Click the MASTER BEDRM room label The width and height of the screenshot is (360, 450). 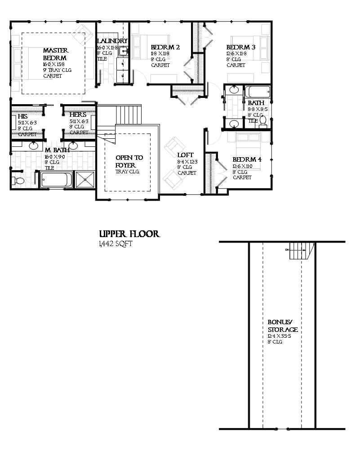tap(55, 54)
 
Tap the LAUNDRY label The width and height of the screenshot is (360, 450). tap(112, 41)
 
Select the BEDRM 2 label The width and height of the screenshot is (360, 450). tap(165, 47)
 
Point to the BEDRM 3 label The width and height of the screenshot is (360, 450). tap(241, 47)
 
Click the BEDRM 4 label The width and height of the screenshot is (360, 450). tap(247, 160)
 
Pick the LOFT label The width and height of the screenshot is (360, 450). tap(185, 155)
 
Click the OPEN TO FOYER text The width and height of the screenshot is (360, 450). tap(129, 161)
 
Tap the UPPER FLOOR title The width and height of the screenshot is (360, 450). tap(129, 234)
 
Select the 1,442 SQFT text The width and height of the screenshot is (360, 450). tap(116, 244)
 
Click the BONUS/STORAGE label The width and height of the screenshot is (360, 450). tap(283, 326)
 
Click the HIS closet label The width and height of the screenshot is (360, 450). tap(22, 116)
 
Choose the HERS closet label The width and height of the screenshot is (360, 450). tap(78, 115)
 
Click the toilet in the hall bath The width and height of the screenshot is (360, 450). tap(263, 121)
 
